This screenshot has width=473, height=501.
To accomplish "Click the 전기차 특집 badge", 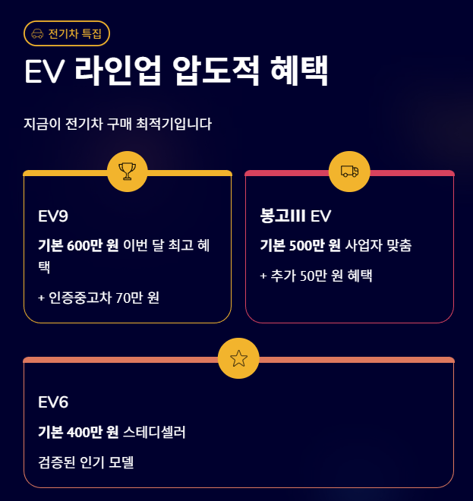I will tap(68, 33).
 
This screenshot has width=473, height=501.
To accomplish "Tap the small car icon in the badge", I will tap(38, 33).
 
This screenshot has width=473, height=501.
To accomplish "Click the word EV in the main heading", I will tap(44, 71).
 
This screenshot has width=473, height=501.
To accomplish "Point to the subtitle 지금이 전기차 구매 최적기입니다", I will tap(118, 124).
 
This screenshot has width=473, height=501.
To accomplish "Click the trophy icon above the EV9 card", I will tap(128, 172).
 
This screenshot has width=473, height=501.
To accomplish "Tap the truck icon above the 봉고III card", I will tap(349, 172).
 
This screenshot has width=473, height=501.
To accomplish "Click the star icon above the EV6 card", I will tap(238, 358).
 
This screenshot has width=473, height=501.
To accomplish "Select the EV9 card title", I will tap(53, 216).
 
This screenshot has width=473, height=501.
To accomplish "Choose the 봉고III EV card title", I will tap(295, 216).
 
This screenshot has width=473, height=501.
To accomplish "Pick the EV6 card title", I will tap(53, 402).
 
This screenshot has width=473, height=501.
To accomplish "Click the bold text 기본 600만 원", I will tap(78, 245).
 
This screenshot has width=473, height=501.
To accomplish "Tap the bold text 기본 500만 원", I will tap(300, 245).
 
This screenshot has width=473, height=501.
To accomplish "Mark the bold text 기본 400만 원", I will tap(78, 432).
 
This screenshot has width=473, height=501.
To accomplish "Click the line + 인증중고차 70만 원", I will tap(99, 298).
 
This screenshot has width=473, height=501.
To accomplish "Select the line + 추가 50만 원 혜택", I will tap(316, 276).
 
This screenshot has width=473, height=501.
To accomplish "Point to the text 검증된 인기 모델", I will tap(86, 462).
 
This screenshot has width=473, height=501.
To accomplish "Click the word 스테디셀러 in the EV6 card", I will tap(154, 432).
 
